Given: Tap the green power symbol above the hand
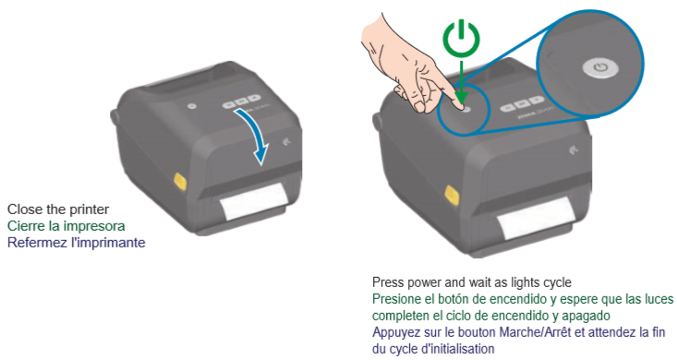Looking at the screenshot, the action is [x=462, y=39].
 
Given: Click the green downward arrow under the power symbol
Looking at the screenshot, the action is [x=461, y=83].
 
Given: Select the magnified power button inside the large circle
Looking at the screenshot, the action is [x=600, y=68].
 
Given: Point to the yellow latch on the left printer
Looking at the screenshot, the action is [x=180, y=181].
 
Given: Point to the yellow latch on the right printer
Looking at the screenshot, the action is [x=452, y=197].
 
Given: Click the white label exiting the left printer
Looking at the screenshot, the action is [x=253, y=201].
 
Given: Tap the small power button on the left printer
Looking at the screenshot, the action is [x=192, y=106].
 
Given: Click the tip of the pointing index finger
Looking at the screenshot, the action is [x=460, y=106].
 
